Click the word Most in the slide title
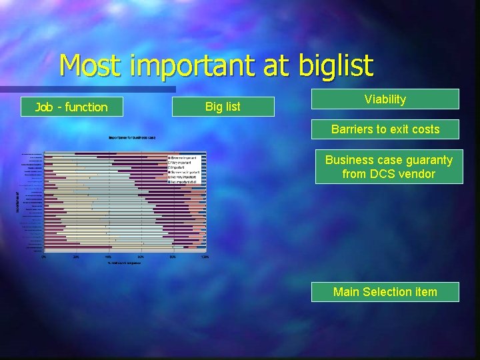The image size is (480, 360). (93, 65)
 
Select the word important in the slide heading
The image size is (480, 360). (201, 65)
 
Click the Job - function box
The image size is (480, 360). (71, 107)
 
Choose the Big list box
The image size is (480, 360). (223, 107)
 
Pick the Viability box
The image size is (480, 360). (385, 99)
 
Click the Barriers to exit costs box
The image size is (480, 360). (385, 129)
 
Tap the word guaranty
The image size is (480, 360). (428, 160)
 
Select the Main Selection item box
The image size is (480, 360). (385, 292)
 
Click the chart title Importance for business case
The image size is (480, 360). (131, 137)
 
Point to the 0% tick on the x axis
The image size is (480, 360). (44, 257)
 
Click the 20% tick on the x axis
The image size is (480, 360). (76, 257)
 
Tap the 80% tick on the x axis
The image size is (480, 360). (173, 257)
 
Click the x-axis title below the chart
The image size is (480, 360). (124, 263)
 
